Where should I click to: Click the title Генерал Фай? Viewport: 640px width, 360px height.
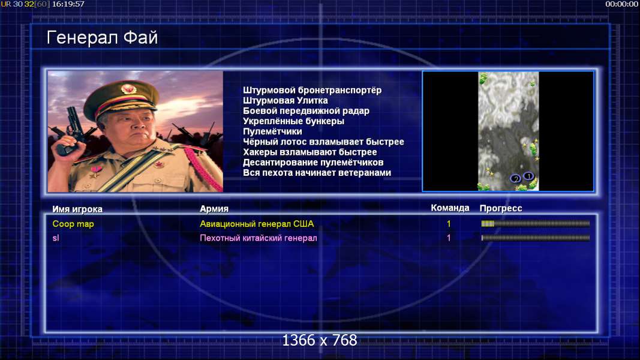[x=102, y=38]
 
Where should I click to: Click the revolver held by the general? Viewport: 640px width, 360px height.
[x=70, y=131]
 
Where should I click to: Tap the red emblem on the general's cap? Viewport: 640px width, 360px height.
[x=128, y=89]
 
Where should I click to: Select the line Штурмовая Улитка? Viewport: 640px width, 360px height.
[x=286, y=100]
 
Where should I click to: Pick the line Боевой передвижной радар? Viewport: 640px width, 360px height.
[x=306, y=111]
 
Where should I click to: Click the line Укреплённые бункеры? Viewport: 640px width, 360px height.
[x=293, y=121]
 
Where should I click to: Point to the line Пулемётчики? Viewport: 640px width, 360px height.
[x=272, y=131]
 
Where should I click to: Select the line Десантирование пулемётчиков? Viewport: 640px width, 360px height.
[x=313, y=163]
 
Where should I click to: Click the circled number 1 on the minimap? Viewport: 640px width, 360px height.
[x=528, y=176]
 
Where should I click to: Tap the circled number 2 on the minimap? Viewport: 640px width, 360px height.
[x=515, y=179]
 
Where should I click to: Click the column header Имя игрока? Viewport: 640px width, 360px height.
[x=77, y=209]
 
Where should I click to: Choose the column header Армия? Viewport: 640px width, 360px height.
[x=214, y=209]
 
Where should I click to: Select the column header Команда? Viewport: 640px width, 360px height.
[x=450, y=208]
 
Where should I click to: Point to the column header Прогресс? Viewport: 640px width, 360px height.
[x=501, y=208]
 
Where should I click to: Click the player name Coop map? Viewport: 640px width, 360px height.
[x=73, y=224]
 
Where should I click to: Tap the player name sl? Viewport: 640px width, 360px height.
[x=56, y=238]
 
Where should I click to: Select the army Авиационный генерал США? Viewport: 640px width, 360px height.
[x=257, y=224]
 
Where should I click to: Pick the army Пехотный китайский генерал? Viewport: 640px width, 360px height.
[x=259, y=238]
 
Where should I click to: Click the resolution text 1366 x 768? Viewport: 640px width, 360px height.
[x=320, y=340]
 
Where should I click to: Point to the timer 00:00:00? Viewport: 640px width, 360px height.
[x=621, y=4]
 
